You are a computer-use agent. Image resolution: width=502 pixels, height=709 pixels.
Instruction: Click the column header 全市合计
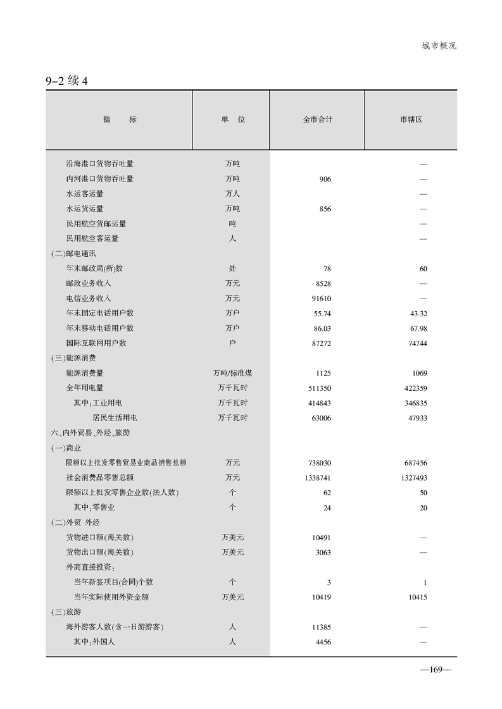pos(317,120)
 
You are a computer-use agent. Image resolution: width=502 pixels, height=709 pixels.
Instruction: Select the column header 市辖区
pos(411,120)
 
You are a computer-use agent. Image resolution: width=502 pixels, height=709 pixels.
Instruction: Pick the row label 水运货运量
pos(85,209)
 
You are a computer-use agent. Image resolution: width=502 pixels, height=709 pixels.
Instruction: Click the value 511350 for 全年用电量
pos(319,388)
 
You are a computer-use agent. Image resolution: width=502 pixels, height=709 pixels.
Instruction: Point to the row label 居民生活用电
pos(115,418)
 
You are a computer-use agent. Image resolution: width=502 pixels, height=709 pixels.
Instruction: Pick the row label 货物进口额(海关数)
pos(99,538)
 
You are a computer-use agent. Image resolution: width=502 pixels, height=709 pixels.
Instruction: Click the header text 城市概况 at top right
pos(439,46)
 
